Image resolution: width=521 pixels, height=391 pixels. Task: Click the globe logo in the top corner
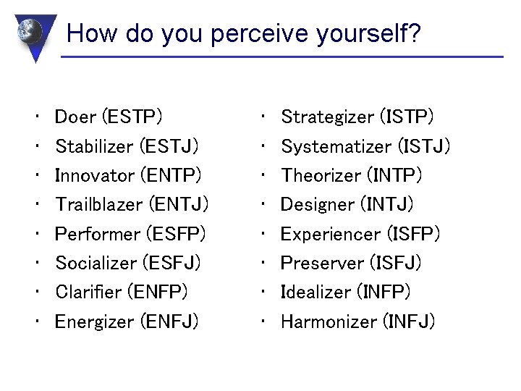click(x=30, y=33)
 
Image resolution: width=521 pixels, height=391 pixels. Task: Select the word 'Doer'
click(x=76, y=117)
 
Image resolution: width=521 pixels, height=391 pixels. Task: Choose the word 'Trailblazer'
click(x=98, y=205)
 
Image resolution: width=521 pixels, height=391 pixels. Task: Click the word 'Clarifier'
click(x=88, y=292)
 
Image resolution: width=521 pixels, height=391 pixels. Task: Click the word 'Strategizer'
click(x=327, y=117)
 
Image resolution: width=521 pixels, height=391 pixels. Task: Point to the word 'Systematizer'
click(x=335, y=146)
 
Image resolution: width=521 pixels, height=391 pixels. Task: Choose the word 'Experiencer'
click(x=330, y=234)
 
